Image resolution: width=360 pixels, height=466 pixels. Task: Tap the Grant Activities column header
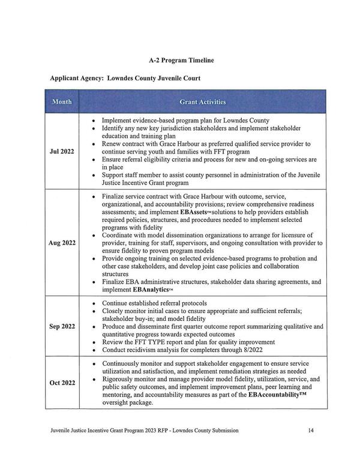click(203, 102)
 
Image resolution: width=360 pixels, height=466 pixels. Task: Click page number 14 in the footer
click(310, 431)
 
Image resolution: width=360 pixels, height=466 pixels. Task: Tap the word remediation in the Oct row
click(229, 371)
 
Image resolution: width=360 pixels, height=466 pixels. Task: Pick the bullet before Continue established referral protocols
click(94, 303)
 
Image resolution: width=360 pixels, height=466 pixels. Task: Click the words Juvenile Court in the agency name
click(175, 79)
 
